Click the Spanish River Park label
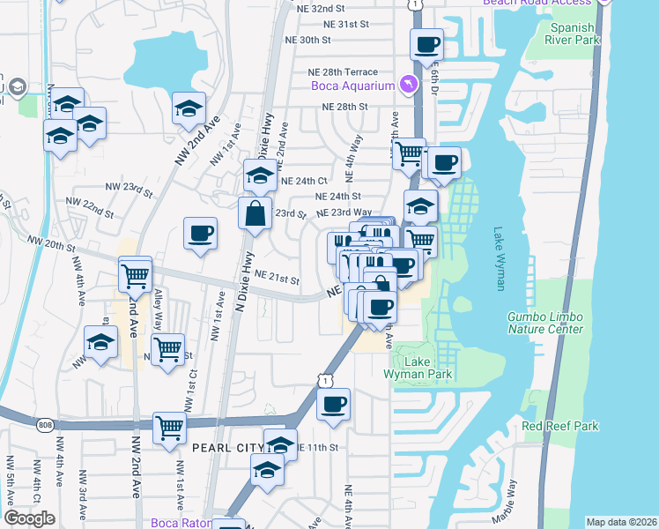tap(571, 34)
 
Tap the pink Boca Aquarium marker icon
tap(408, 84)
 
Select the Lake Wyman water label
tap(500, 248)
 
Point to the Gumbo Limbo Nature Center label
tap(545, 323)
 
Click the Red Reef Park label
tap(560, 426)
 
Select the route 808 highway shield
tap(45, 426)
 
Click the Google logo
tap(29, 518)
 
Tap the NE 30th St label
tap(307, 41)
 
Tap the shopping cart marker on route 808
tap(169, 428)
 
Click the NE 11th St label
tap(318, 448)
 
